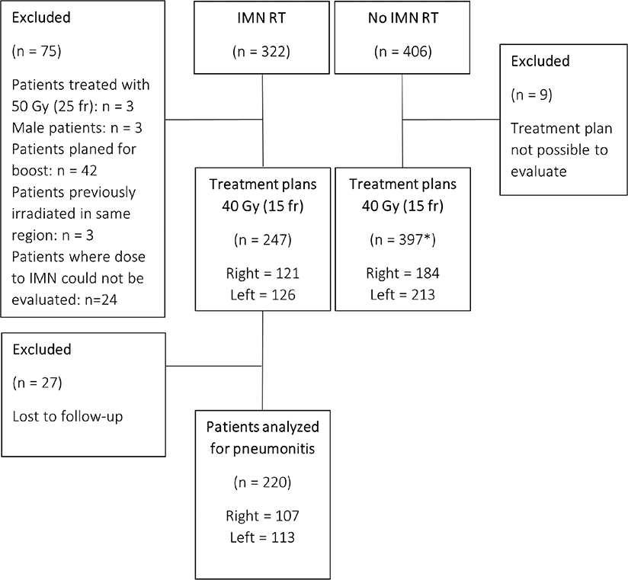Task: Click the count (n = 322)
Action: [x=261, y=52]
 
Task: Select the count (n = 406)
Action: [x=403, y=52]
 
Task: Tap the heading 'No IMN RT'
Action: [x=403, y=18]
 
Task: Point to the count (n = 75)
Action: [x=37, y=51]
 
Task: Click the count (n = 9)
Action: [x=531, y=95]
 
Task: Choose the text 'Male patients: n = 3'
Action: [x=77, y=128]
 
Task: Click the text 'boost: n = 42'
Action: [x=54, y=171]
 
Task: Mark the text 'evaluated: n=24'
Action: [x=65, y=300]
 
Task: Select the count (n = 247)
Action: [x=263, y=240]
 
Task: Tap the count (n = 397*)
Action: [x=402, y=240]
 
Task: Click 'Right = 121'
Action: [x=263, y=273]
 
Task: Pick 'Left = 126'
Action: [x=263, y=295]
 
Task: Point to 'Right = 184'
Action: [x=402, y=273]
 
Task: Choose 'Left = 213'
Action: [x=402, y=295]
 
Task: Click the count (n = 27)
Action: [x=37, y=383]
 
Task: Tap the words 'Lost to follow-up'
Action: [x=68, y=417]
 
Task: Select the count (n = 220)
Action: [x=262, y=482]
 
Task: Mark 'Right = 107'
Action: [x=262, y=515]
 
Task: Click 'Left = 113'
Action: [x=262, y=537]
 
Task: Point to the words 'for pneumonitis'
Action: [x=262, y=449]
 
